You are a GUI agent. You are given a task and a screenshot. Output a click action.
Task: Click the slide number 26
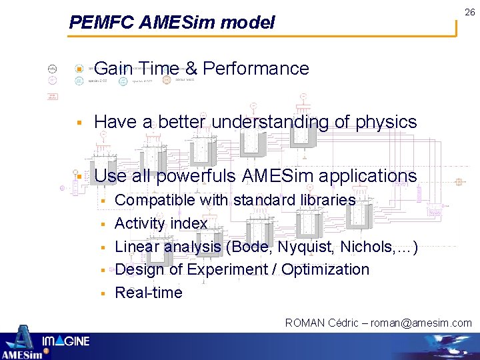[x=470, y=13]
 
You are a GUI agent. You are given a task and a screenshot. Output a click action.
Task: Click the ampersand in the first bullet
[x=191, y=69]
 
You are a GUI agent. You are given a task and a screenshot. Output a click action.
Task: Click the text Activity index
[x=161, y=223]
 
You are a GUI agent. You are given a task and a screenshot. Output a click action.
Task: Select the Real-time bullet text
[x=149, y=293]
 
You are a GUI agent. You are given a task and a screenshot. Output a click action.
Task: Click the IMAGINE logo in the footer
[x=65, y=342]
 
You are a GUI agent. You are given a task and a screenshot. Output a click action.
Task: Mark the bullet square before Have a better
[x=79, y=123]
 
